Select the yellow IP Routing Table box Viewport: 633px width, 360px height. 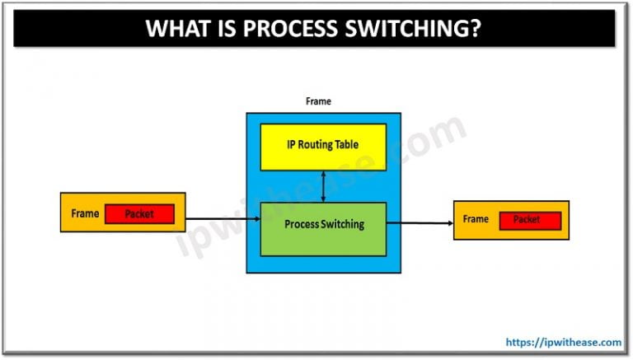pos(323,147)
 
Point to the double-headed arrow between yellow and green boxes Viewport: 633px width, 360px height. pos(323,186)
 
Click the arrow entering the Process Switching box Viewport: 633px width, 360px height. pos(223,219)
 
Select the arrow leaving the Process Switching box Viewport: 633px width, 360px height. pos(420,222)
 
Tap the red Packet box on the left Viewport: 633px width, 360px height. pos(138,214)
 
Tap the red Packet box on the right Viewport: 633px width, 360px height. pos(527,220)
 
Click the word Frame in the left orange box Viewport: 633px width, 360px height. pos(85,213)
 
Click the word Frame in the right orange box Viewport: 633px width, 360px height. pos(476,219)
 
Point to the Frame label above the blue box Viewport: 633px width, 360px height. pos(318,102)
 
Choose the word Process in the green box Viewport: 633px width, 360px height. pos(300,224)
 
